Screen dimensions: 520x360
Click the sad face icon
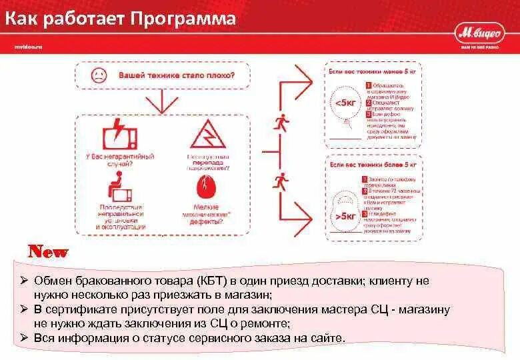(99, 75)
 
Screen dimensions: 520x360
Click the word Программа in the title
(184, 19)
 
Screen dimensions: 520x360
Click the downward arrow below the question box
(161, 102)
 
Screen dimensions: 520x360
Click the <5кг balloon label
(345, 103)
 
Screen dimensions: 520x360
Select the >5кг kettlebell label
(346, 215)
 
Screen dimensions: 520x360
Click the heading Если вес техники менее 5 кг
(373, 69)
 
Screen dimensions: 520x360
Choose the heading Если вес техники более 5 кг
(373, 163)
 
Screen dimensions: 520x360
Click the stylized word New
(47, 252)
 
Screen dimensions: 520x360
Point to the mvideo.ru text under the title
(28, 46)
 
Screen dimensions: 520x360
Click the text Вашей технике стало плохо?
(176, 75)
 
